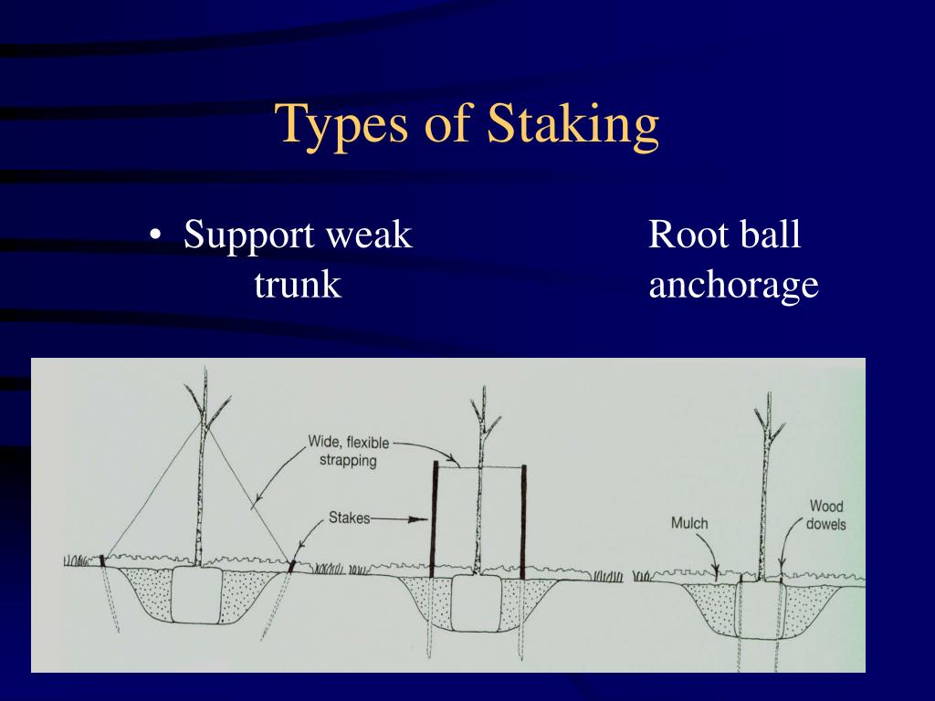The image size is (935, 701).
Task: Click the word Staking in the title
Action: coord(573,125)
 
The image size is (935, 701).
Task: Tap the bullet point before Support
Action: coord(155,235)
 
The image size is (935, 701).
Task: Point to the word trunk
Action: coord(298,285)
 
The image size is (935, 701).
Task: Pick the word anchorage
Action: coord(733,286)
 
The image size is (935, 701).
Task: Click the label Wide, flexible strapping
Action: coord(349,451)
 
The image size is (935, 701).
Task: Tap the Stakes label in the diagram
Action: coord(349,518)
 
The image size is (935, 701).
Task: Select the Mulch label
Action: coord(689,523)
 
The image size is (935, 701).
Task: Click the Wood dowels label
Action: coord(825,515)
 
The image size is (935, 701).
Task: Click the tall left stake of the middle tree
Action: coord(434,519)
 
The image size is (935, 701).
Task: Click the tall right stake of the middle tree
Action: coord(523,521)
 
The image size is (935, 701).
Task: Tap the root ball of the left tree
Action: coord(197,595)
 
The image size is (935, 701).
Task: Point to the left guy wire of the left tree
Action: coord(153,489)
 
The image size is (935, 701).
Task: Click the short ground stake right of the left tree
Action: coord(291,565)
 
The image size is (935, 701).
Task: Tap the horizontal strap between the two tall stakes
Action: coord(478,466)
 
